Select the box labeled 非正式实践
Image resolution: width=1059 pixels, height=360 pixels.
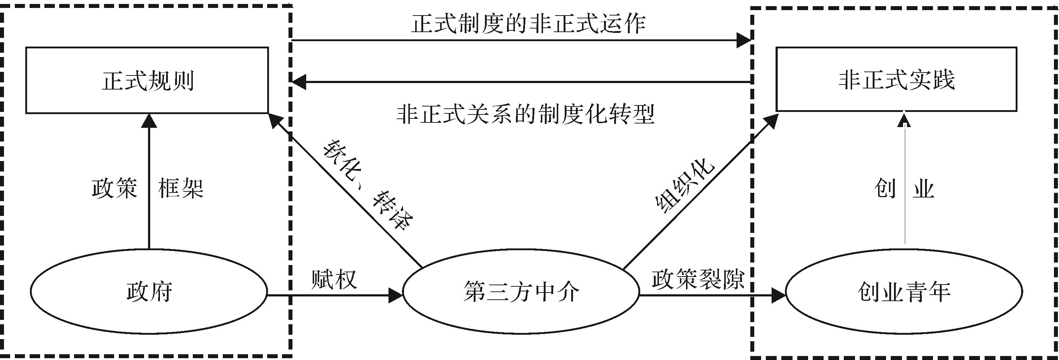click(896, 79)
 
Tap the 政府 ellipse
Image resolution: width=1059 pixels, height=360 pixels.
click(149, 292)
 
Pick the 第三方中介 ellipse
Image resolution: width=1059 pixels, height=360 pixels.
click(521, 292)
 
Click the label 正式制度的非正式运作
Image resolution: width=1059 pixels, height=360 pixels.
click(528, 24)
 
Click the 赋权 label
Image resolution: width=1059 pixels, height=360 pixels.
click(334, 279)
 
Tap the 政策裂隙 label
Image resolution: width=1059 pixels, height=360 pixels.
click(698, 279)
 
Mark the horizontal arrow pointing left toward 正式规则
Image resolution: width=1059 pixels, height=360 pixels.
click(520, 82)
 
